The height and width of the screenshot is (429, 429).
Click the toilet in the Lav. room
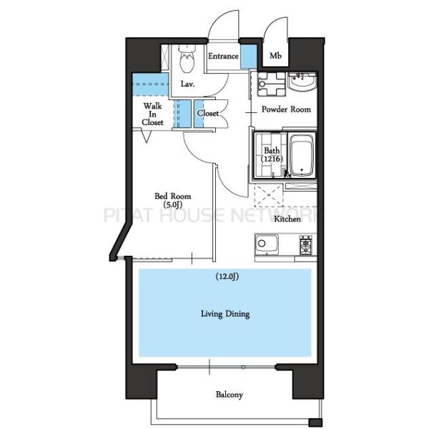point(187,59)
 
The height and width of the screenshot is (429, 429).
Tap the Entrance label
point(223,56)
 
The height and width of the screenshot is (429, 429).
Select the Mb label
point(275,56)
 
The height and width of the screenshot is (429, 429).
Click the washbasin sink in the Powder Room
point(302,82)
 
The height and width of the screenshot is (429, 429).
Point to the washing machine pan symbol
point(272,84)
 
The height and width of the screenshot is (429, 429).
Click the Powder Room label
point(286,109)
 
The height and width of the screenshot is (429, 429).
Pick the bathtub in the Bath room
point(302,156)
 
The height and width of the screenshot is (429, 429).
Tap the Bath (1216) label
point(272,154)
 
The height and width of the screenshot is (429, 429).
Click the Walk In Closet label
point(152,114)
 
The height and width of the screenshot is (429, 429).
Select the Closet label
point(207,113)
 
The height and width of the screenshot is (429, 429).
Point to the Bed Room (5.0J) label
point(172,200)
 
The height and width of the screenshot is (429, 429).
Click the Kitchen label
point(287,219)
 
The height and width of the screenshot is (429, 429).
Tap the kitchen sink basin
point(267,245)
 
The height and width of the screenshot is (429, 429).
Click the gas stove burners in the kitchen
point(305,245)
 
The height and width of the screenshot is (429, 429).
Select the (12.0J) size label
point(227,277)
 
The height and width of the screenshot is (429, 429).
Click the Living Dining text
point(225,314)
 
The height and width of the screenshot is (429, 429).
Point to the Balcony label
point(230,395)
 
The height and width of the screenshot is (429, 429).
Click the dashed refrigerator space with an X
point(269,195)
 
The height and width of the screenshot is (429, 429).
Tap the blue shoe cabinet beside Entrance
point(249,56)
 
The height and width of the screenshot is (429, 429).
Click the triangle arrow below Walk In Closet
point(147,136)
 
